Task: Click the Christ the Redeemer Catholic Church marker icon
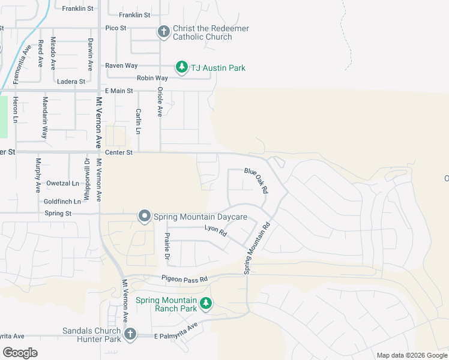coord(164,32)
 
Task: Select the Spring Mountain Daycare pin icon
coord(144,216)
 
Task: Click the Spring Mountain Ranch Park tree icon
coord(206,304)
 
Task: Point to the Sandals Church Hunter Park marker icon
coord(130,334)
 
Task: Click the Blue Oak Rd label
coord(256,179)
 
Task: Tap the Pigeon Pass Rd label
coord(184,279)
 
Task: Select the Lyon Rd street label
coord(215,230)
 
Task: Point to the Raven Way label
coord(121,65)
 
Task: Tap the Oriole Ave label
coord(160,101)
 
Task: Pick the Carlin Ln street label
coord(138,121)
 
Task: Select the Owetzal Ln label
coord(62,183)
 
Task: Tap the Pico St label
coord(116,28)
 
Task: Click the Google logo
coord(20,352)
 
